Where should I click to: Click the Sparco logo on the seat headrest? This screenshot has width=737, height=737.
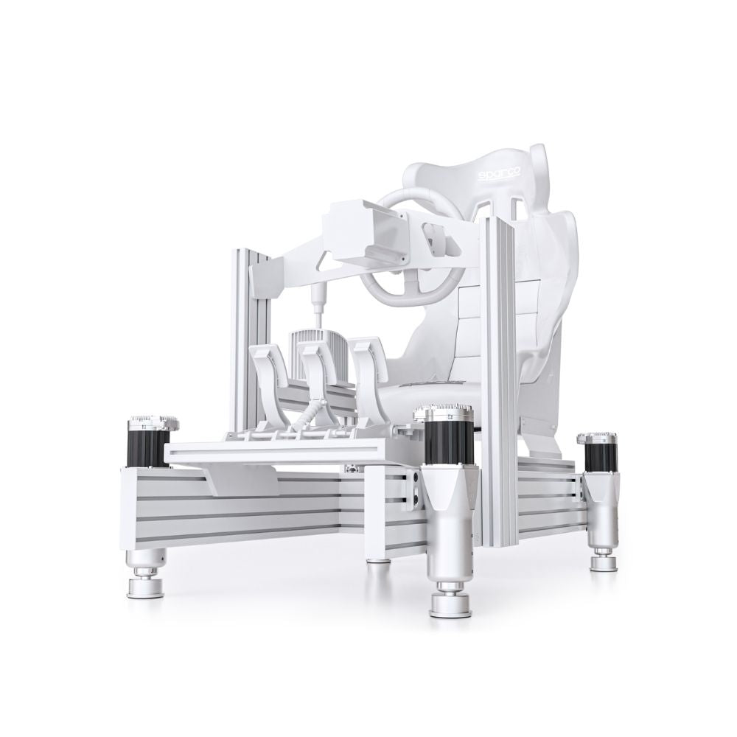coord(499,175)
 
